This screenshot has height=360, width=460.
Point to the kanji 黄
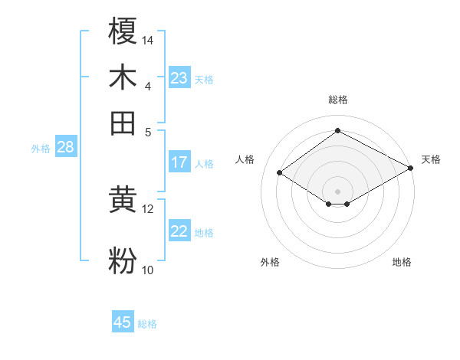click(123, 201)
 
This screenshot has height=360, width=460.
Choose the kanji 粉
click(123, 260)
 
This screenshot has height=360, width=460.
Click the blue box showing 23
click(179, 78)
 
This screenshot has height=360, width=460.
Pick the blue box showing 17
click(179, 162)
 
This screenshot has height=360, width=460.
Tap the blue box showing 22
click(179, 231)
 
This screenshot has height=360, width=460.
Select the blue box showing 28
click(65, 148)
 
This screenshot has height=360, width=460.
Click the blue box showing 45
click(123, 322)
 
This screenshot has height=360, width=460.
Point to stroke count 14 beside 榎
click(148, 39)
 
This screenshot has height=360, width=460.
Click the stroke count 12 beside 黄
click(148, 208)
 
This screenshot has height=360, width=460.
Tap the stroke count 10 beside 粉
click(148, 270)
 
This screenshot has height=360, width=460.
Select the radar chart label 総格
click(337, 100)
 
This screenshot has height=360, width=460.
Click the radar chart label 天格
click(431, 159)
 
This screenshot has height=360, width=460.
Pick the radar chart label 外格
click(270, 262)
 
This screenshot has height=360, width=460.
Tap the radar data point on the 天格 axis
click(412, 168)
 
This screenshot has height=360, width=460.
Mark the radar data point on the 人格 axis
click(280, 173)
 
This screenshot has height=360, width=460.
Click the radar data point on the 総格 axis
click(337, 130)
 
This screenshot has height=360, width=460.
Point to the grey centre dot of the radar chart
click(337, 191)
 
